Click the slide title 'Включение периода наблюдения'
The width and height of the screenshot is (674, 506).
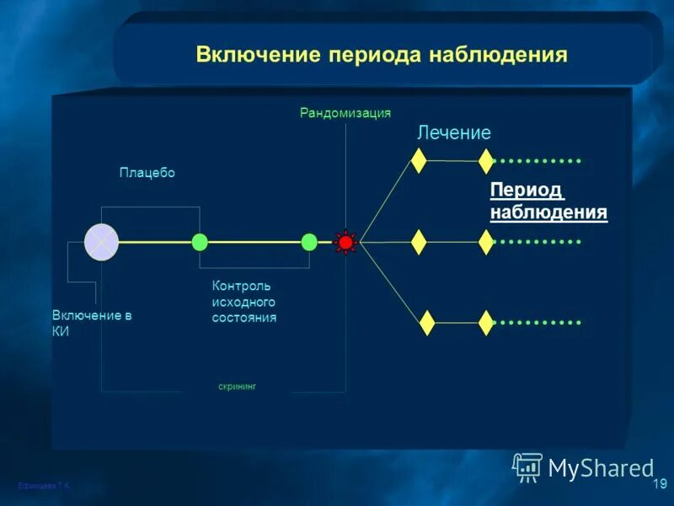click(382, 55)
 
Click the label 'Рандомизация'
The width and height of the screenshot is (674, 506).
click(345, 113)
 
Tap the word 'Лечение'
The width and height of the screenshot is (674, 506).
click(454, 132)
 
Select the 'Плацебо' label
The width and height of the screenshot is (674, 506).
click(147, 172)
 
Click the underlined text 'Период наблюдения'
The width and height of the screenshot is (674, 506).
click(548, 201)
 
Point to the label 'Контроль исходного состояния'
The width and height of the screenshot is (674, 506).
click(244, 302)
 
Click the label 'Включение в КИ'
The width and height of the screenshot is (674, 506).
click(92, 323)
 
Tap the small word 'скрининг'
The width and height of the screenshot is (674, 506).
click(237, 386)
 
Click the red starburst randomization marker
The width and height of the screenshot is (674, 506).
click(345, 242)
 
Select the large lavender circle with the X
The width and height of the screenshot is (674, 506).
click(101, 242)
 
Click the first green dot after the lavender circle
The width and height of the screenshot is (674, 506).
click(200, 242)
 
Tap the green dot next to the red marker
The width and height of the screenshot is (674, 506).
click(309, 242)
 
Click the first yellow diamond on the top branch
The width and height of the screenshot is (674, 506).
click(419, 160)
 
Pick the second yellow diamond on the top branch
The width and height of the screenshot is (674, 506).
click(486, 160)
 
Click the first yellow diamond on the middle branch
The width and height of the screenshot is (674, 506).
click(419, 242)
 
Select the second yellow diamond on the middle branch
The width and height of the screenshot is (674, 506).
click(486, 242)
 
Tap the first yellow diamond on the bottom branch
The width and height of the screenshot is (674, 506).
click(427, 322)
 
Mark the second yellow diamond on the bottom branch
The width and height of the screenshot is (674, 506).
click(486, 322)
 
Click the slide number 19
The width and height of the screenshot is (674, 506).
click(659, 484)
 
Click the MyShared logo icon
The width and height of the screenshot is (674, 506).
click(527, 467)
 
